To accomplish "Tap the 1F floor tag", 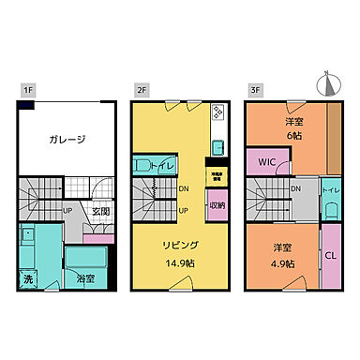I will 28,90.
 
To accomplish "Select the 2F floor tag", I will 142,90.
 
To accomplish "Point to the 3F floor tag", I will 255,90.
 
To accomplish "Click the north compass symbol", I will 326,83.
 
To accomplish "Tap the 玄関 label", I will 101,212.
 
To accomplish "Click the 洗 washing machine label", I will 28,278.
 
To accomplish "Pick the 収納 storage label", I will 217,204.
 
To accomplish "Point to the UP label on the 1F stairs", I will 68,210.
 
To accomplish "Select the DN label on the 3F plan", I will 295,188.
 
